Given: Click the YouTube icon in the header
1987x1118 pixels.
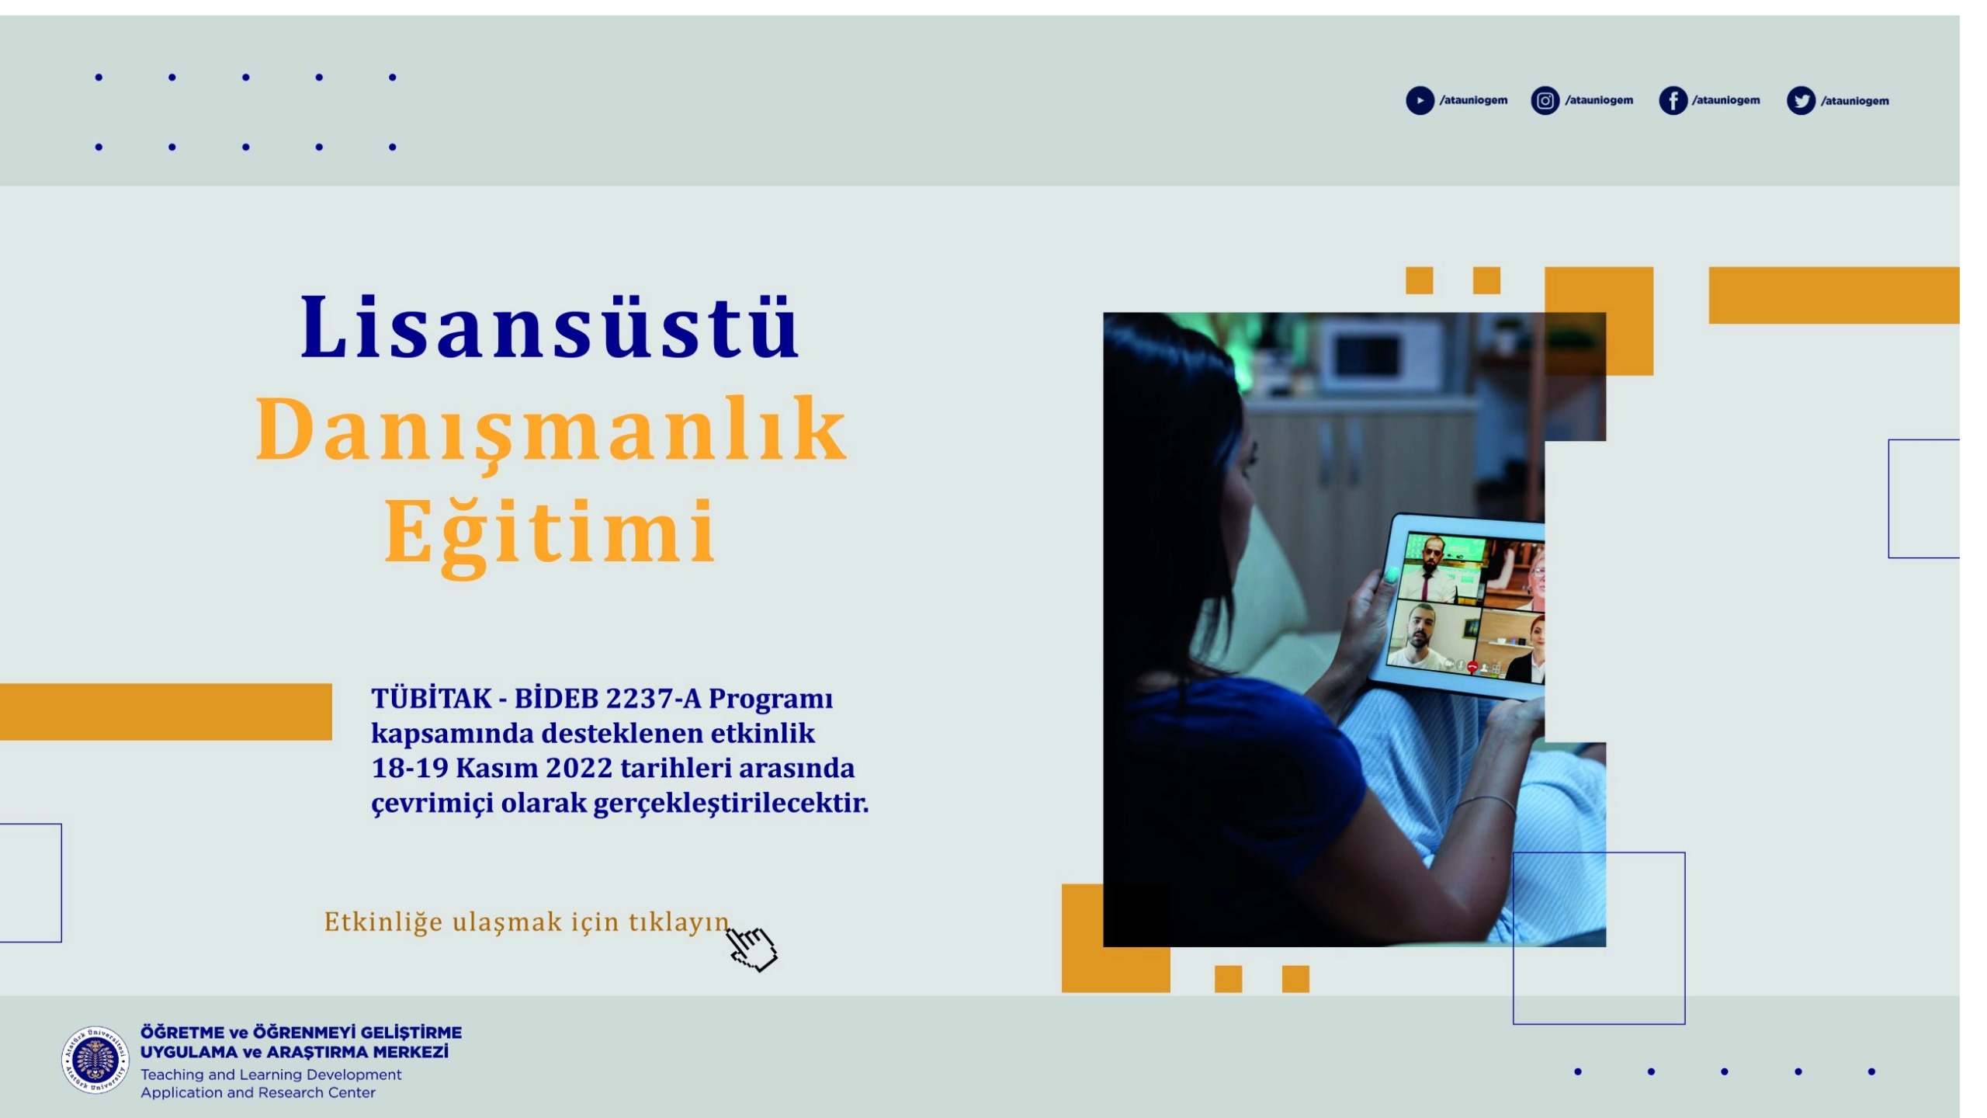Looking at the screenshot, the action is click(1420, 101).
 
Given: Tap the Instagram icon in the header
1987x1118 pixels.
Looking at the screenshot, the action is click(1545, 101).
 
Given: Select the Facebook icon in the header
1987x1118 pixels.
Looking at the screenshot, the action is click(1673, 101).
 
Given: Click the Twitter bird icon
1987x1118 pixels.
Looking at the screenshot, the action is click(1801, 101).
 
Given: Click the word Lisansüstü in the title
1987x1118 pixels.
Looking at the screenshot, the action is click(550, 326).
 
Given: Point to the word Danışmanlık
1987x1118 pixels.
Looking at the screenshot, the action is click(551, 432).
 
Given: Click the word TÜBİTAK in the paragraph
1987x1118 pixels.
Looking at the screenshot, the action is click(431, 698).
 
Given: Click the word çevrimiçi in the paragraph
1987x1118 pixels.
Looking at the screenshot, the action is click(432, 804).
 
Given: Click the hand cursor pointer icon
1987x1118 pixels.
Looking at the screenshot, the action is click(751, 947).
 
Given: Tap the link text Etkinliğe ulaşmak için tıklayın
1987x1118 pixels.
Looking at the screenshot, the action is click(526, 922).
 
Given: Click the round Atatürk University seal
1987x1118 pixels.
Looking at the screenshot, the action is click(95, 1060).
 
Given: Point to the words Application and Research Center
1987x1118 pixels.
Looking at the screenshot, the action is click(258, 1092).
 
